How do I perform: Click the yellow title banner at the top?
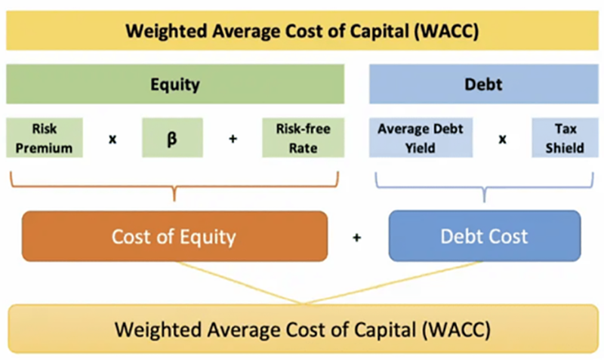click(x=301, y=32)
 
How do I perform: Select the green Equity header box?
click(x=174, y=84)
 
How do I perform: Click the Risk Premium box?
click(x=45, y=137)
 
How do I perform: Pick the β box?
click(x=172, y=137)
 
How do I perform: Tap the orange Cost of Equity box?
click(x=174, y=236)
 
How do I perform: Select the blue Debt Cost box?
click(x=484, y=236)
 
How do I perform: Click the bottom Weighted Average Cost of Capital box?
click(x=302, y=329)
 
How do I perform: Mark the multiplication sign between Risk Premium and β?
click(x=112, y=139)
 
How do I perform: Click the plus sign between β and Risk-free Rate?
click(x=233, y=139)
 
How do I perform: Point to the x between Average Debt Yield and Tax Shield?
click(x=502, y=139)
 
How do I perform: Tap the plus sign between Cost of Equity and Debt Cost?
click(x=357, y=237)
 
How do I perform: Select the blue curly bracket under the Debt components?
click(x=483, y=187)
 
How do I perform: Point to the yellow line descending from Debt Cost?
click(x=393, y=283)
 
